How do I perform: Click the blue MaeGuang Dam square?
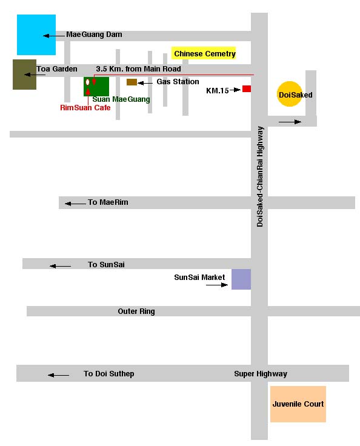point(36,35)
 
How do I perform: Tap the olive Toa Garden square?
point(24,75)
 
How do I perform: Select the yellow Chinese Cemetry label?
point(204,53)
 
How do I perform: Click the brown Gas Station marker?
point(132,82)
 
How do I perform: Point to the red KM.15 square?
point(247,88)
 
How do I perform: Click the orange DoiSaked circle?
point(290,94)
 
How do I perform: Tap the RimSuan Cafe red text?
point(85,107)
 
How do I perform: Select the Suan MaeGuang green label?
point(121,99)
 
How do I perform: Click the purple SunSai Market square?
point(241,279)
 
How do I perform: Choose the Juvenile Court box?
point(298,404)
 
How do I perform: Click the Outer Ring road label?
point(136,311)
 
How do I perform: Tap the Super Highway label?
point(261,374)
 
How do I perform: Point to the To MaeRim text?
point(108,202)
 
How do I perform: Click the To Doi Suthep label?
point(108,374)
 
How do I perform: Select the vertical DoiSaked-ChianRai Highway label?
point(260,176)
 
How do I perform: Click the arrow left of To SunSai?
point(61,266)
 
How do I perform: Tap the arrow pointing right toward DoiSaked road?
point(290,122)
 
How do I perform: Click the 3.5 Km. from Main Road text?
point(138,69)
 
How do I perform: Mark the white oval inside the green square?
point(88,82)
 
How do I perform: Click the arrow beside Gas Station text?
point(145,83)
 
